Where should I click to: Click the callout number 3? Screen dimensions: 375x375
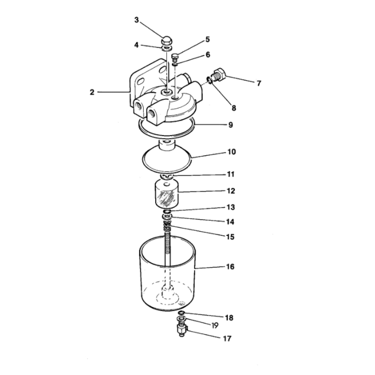[137, 20]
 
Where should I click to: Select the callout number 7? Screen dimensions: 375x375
[259, 84]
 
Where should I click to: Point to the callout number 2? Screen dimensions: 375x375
[92, 92]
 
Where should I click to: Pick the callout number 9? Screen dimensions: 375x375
[231, 125]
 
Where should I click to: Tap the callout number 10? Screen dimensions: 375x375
[232, 152]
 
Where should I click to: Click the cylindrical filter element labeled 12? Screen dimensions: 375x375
[167, 195]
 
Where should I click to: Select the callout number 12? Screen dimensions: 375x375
[231, 191]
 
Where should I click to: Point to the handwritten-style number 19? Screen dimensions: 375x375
[215, 326]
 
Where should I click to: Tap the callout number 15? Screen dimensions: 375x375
[230, 237]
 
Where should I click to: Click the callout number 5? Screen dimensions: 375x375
[208, 39]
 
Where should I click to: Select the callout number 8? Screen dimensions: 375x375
[234, 108]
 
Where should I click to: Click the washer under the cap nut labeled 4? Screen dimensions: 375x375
[167, 48]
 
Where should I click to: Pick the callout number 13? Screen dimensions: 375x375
[231, 207]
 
